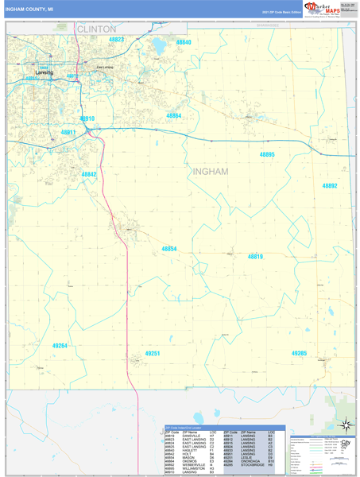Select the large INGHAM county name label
210,171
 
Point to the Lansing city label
45,73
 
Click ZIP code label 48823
117,39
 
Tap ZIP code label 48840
184,42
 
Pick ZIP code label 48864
173,116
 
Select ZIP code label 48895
267,154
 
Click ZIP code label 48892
330,185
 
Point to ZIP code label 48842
89,174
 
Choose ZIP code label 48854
169,249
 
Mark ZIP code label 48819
255,257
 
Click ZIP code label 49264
60,346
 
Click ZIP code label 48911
68,132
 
